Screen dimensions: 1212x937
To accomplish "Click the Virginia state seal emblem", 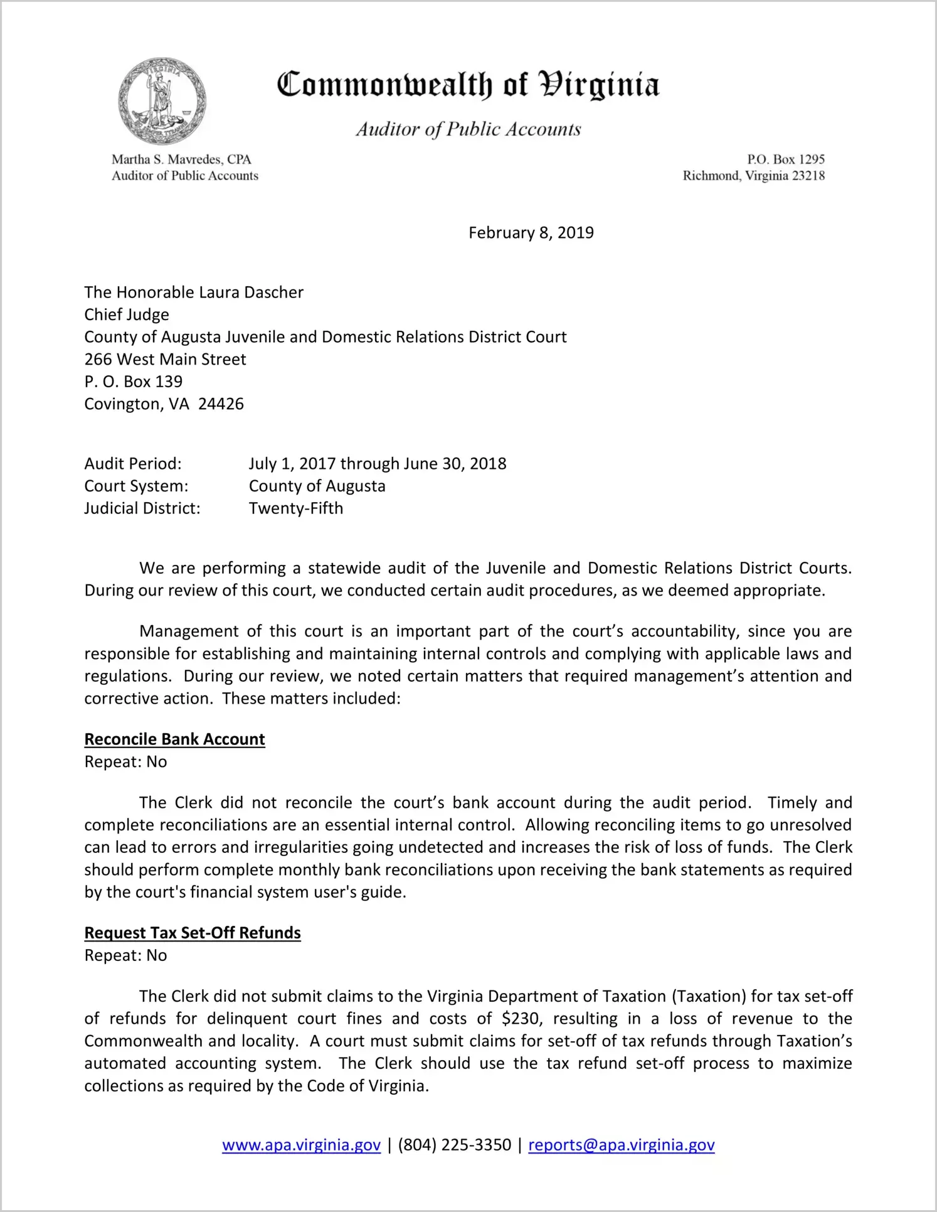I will point(162,101).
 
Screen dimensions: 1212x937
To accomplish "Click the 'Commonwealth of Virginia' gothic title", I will point(468,85).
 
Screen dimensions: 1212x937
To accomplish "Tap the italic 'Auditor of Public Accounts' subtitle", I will point(468,129).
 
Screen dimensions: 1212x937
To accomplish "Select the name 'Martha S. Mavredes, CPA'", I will point(181,159).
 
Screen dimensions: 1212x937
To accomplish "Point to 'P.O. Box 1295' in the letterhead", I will point(785,159).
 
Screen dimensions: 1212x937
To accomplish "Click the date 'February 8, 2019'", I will point(531,233).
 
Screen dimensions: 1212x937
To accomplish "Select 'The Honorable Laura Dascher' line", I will point(194,292).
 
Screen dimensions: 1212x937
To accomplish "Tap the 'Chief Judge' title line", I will point(127,314).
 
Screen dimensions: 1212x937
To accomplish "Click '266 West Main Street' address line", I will point(165,360).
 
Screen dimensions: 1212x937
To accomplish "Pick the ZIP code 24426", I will point(221,404).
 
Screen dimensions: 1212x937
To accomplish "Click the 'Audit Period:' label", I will point(133,464).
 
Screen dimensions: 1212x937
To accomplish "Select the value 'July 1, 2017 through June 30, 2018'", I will point(378,464).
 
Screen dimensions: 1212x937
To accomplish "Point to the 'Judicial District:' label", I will point(142,508).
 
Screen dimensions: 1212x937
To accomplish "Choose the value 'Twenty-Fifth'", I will point(296,508).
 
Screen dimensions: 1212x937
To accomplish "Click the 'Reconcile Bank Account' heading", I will point(175,739).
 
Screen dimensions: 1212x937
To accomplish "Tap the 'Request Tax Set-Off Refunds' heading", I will point(193,933).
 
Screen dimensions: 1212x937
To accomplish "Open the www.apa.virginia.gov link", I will point(301,1145).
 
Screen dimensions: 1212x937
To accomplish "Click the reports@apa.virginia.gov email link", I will point(622,1145).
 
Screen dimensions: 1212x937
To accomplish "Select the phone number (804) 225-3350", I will point(455,1145).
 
